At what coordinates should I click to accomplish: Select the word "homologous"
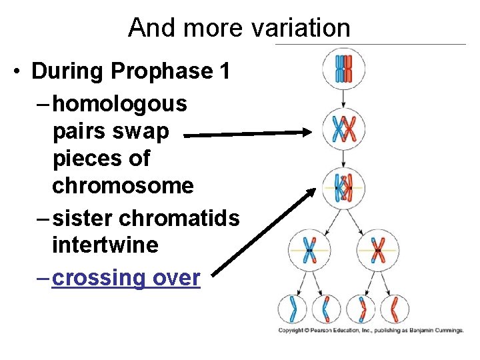tap(120, 104)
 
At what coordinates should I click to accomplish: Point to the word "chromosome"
tap(123, 185)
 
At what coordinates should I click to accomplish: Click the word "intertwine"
tap(105, 245)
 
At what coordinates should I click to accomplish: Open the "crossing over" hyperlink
tap(126, 277)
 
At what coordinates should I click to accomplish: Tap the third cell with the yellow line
tap(343, 187)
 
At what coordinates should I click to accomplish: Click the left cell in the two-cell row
tap(309, 250)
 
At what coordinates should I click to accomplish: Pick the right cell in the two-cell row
tap(377, 251)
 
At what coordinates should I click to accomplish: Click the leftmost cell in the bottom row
tap(292, 309)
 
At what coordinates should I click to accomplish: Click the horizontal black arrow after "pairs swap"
tap(247, 135)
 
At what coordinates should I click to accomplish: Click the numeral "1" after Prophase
tap(224, 71)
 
